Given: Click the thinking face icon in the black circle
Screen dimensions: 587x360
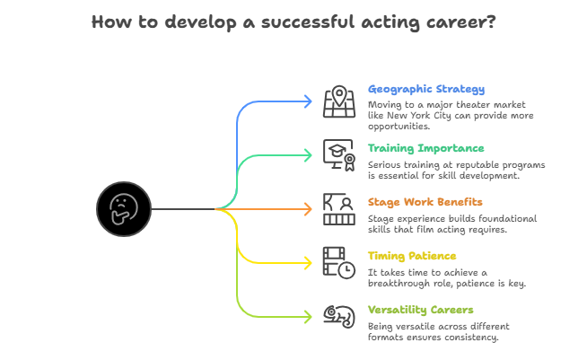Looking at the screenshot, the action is coord(124,209).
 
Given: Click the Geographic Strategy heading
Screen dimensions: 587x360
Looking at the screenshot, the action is coord(426,90).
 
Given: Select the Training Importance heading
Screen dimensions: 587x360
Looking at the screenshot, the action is coord(425,148).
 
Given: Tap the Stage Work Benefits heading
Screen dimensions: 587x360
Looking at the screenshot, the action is coord(425,202).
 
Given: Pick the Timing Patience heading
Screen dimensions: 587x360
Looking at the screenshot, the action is coord(412,256).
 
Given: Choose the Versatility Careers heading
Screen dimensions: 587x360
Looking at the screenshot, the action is coord(420,310).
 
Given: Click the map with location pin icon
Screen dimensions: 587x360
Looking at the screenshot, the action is coord(339,101).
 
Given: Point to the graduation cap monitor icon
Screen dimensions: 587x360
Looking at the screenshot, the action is coord(339,155).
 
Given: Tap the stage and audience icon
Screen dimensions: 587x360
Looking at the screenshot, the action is coord(339,209).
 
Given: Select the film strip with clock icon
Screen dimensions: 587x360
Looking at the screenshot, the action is coord(339,263).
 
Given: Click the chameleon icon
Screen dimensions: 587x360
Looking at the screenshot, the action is coord(339,317).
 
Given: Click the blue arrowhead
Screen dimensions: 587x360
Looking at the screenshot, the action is coord(309,101).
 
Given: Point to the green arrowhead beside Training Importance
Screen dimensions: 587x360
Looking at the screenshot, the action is coord(309,155).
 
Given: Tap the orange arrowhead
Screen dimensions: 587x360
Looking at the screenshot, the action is coord(309,209).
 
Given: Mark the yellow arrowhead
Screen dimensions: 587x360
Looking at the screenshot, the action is coord(309,263).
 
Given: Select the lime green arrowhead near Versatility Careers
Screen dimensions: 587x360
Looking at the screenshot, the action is coord(309,317).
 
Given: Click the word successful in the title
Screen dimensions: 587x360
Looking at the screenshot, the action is coord(308,22).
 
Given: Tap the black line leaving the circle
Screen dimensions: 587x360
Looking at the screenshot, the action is coord(183,209).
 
